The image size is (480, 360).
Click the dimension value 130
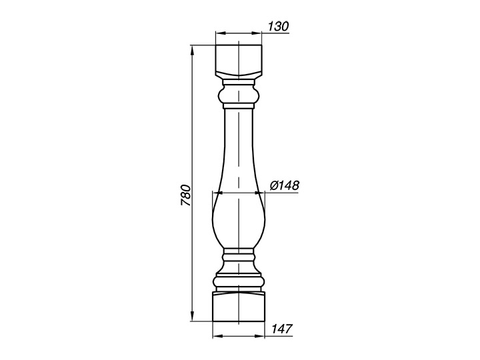point(278,27)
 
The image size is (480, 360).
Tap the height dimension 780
point(186,195)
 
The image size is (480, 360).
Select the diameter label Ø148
point(285,185)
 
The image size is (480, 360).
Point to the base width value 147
point(282,329)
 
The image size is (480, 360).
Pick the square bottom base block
point(239,307)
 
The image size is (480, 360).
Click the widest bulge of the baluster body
point(239,218)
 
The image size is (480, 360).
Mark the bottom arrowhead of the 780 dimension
point(192,316)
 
